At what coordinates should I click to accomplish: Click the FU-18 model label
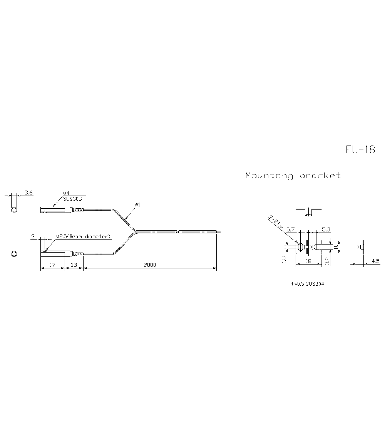(x=360, y=150)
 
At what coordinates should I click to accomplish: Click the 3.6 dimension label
(x=28, y=192)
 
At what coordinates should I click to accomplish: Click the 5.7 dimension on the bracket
(x=291, y=229)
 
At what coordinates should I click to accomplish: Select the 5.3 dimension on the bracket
(x=326, y=229)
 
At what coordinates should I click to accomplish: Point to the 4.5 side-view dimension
(x=375, y=261)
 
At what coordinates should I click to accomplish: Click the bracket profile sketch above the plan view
(x=308, y=211)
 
